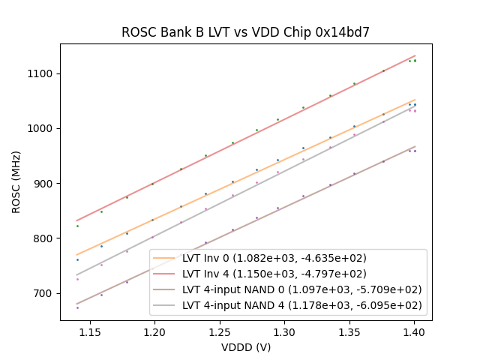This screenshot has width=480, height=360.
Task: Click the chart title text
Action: click(245, 32)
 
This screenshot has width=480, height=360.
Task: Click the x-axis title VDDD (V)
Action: click(245, 347)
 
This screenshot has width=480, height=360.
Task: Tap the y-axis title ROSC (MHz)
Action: click(16, 182)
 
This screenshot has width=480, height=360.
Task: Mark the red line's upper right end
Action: click(415, 55)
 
